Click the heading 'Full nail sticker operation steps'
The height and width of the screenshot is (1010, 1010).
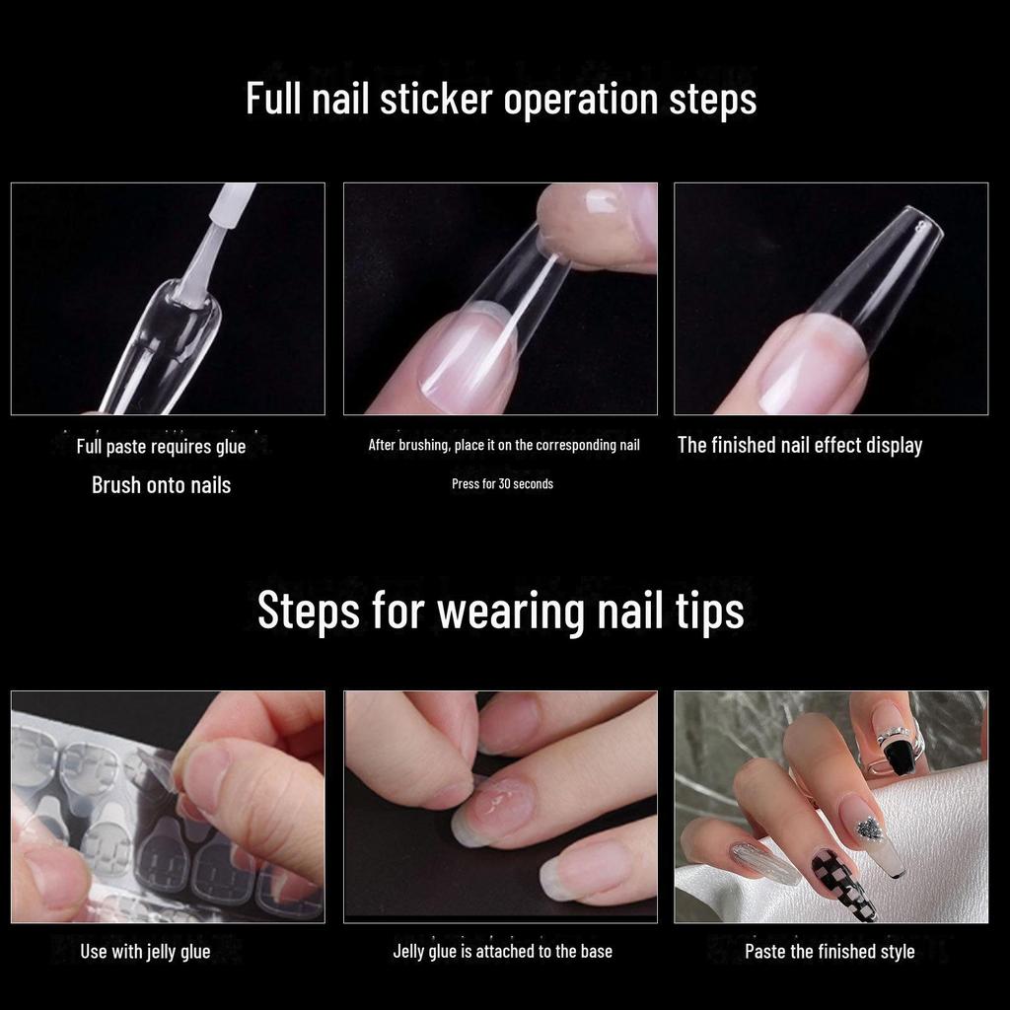coord(501,100)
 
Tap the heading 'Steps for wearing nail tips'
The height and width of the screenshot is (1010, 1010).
coord(500,610)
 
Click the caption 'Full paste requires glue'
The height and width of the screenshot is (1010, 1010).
coord(161,447)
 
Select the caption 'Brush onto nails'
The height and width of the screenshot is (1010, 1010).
coord(161,485)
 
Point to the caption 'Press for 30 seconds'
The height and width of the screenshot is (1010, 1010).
coord(502,483)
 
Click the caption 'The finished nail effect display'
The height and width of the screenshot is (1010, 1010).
coord(800,445)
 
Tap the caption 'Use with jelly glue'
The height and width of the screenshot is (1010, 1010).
coord(145,952)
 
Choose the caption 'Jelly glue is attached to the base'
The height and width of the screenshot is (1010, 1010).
coord(502,952)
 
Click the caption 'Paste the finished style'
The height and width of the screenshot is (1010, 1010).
coord(830,952)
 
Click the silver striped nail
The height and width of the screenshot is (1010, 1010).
coord(765,863)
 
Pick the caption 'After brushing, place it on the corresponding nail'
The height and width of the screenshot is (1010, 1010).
coord(504,445)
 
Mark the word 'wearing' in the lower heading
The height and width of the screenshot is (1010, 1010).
coord(510,612)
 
